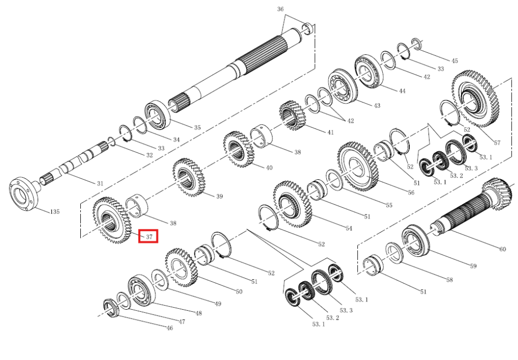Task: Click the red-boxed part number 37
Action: pyautogui.click(x=149, y=237)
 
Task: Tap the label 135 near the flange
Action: pyautogui.click(x=55, y=211)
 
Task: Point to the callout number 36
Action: pyautogui.click(x=280, y=9)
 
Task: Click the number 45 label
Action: pyautogui.click(x=455, y=61)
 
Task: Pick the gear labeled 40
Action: pyautogui.click(x=238, y=149)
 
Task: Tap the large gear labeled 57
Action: pyautogui.click(x=476, y=98)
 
